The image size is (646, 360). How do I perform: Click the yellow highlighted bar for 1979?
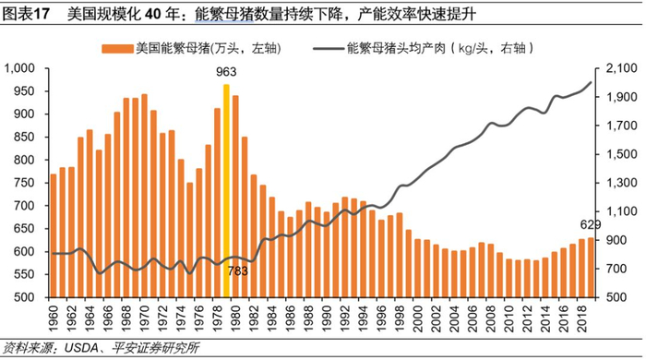pos(226,191)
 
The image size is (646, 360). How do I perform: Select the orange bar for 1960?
pos(54,235)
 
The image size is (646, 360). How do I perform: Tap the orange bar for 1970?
pos(144,196)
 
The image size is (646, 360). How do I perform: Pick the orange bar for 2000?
pos(418,268)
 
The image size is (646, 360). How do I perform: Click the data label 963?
pos(226,72)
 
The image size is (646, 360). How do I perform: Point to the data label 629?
pos(591,225)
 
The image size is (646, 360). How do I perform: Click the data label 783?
pos(238,271)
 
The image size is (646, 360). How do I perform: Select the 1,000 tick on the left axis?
pos(19,68)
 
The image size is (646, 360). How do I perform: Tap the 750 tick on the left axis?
pos(24,183)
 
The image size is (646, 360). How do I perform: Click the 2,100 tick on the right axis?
pos(622,68)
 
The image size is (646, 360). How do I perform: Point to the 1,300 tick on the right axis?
pos(622,183)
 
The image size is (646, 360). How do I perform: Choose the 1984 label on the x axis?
pos(272,318)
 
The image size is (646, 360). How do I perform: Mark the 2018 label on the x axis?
pos(581,318)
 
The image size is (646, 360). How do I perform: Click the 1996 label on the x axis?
pos(381,318)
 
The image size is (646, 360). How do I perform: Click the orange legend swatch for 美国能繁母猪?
pos(118,49)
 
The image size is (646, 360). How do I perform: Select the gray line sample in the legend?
pos(329,49)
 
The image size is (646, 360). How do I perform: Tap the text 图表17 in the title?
pos(26,15)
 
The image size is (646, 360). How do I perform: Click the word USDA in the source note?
pos(81,349)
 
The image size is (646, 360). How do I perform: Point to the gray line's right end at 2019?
pos(591,82)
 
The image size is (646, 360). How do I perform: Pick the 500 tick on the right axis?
pos(616,297)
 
